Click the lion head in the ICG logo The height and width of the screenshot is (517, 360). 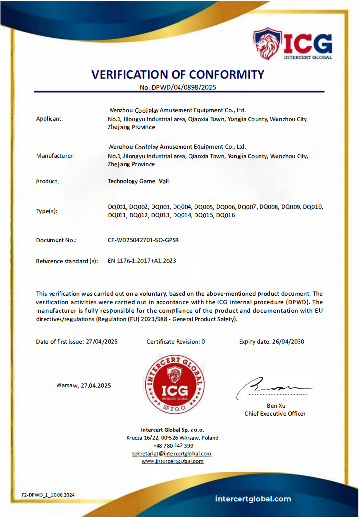point(267,44)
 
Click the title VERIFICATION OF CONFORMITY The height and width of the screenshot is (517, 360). point(178,75)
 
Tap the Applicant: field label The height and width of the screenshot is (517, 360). point(50,119)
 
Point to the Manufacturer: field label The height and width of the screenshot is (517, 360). point(56,155)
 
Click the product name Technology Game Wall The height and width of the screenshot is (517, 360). point(138,181)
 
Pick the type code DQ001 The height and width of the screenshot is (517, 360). point(117,206)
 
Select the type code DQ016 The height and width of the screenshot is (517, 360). point(226,215)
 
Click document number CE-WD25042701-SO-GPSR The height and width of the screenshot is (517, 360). point(143,240)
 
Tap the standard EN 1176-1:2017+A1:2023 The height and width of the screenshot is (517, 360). point(142,261)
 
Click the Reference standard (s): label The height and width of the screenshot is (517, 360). point(67,261)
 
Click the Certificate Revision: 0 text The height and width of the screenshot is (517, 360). point(176,341)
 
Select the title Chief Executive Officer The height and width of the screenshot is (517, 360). point(275,414)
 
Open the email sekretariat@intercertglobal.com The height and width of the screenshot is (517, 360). point(172,454)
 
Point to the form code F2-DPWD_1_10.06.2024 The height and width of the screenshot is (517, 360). point(48,495)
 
